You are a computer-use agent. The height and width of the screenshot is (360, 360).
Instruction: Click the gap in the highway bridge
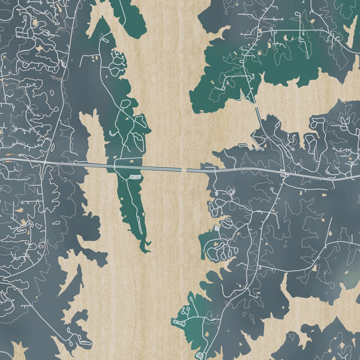point(184,170)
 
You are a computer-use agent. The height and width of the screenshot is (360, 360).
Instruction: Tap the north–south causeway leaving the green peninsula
point(257,112)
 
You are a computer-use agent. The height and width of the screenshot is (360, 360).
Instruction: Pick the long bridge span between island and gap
point(159,168)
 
